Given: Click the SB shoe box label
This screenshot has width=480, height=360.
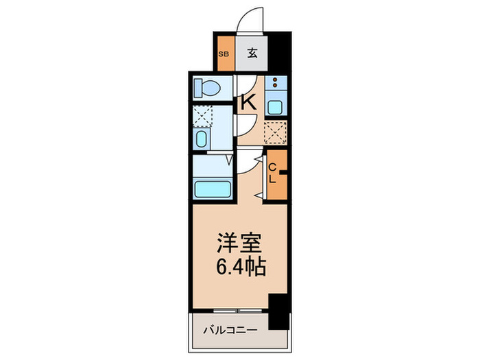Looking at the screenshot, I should [223, 52].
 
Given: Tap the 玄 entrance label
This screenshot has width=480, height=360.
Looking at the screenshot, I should [252, 52].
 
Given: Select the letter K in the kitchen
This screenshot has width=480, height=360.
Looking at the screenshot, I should [248, 102].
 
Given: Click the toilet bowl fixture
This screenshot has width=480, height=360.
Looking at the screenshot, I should [206, 88].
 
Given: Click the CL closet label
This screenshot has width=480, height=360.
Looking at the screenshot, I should [272, 174].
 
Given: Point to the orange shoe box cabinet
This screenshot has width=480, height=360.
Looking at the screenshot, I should [224, 52].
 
